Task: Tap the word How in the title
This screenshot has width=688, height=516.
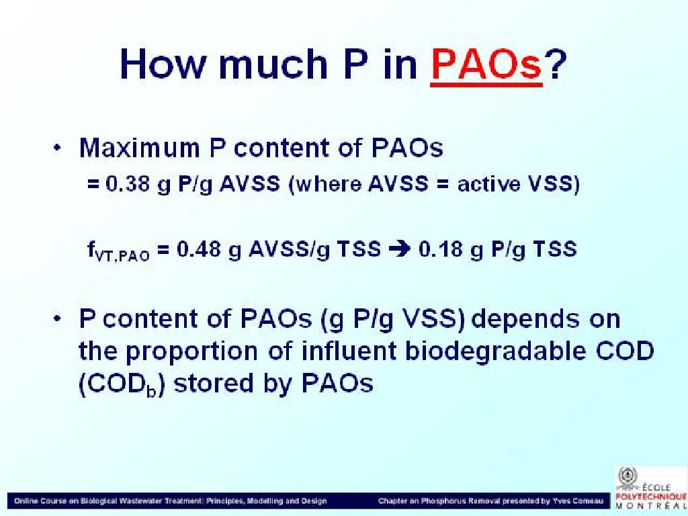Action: pyautogui.click(x=162, y=64)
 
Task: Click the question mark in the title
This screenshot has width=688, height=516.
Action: pyautogui.click(x=555, y=64)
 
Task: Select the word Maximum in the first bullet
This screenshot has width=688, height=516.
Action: pyautogui.click(x=139, y=148)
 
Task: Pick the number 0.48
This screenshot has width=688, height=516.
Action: pyautogui.click(x=198, y=249)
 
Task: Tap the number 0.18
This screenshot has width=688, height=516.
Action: pyautogui.click(x=440, y=249)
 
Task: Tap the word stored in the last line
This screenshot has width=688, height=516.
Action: pyautogui.click(x=214, y=383)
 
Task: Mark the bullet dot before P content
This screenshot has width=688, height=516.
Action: pyautogui.click(x=56, y=319)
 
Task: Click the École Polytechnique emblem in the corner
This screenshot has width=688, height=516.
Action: pyautogui.click(x=628, y=476)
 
